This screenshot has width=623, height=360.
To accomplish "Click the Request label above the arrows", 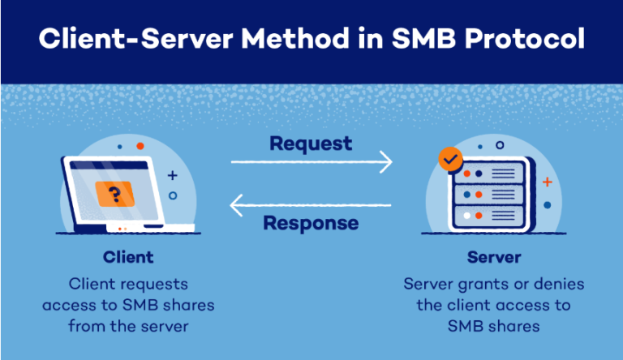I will pos(311,144).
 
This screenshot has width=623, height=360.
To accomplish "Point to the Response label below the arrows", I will pos(311,222).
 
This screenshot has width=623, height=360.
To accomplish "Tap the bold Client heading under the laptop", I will pos(128,258).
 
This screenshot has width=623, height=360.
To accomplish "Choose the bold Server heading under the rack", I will pos(493,258).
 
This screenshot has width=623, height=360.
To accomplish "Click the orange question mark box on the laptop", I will pos(115,194).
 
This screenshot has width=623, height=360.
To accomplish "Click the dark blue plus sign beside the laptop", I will pos(172,174).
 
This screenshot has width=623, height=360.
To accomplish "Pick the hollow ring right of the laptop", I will pos(172,195).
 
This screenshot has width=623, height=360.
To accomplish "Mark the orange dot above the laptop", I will pos(140,146).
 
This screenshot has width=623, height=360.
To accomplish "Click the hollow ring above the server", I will pos(500,145).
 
